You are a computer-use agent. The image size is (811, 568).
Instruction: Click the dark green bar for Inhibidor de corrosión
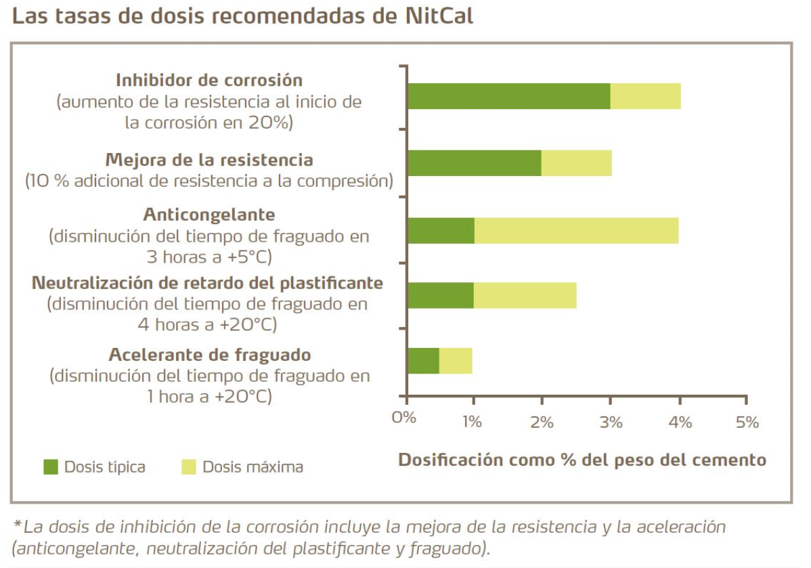click(508, 96)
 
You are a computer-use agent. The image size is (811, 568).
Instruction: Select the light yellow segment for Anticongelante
click(575, 231)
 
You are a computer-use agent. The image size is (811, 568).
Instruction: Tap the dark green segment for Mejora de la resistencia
click(474, 163)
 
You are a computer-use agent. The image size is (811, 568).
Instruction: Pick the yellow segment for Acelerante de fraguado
click(456, 361)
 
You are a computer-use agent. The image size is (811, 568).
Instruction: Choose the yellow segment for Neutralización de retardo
click(525, 296)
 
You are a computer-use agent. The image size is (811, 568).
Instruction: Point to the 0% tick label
click(404, 421)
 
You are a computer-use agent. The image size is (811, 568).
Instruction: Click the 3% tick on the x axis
click(611, 422)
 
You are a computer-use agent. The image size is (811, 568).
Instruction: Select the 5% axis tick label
click(747, 422)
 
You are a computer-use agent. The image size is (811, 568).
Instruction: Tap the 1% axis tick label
click(473, 422)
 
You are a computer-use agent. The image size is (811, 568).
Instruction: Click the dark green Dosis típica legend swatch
click(51, 466)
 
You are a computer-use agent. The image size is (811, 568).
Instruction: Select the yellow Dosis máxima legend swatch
click(189, 466)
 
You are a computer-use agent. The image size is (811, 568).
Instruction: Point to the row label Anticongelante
click(209, 215)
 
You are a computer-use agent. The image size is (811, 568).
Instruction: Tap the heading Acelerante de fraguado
click(209, 355)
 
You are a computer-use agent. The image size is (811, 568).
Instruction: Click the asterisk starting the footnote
click(17, 525)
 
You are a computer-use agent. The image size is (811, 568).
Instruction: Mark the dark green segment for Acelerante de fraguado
click(423, 361)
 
